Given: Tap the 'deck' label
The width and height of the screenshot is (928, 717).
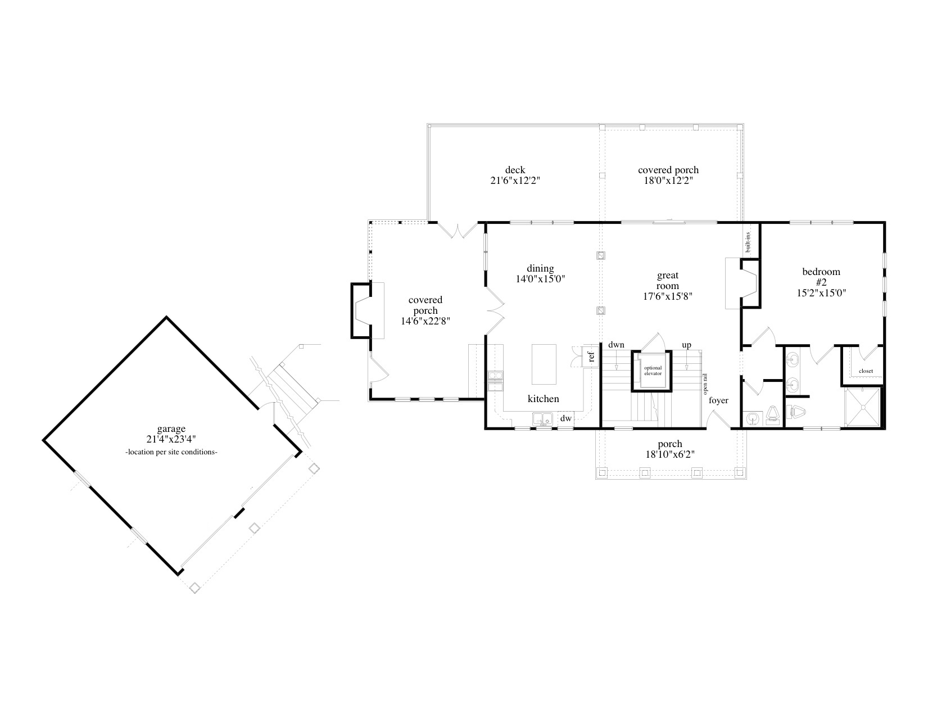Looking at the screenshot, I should tap(515, 170).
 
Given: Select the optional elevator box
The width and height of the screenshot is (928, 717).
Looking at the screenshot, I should tap(653, 371).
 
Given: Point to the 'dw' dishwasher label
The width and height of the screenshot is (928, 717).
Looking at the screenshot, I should tap(565, 418).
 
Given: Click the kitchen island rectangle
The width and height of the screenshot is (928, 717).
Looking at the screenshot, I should tap(544, 364).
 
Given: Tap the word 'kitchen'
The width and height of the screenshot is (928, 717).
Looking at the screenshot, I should tap(543, 399).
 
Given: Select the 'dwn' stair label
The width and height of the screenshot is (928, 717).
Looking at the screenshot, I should tap(616, 345).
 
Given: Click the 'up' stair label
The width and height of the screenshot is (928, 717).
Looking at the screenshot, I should tap(686, 345).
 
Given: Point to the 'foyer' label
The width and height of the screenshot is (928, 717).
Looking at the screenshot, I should tap(718, 400).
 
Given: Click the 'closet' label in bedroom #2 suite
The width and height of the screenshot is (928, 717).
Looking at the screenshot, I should tap(866, 371).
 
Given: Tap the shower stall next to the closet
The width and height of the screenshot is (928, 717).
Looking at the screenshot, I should tap(863, 407).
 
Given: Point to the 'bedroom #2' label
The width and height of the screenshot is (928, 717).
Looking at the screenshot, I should tap(821, 277).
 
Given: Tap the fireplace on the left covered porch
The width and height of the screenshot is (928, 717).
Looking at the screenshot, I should tap(365, 310).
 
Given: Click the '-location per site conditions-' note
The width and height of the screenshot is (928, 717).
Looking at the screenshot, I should tap(171, 452).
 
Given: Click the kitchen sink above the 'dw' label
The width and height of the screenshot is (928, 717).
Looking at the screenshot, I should tap(542, 418).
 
